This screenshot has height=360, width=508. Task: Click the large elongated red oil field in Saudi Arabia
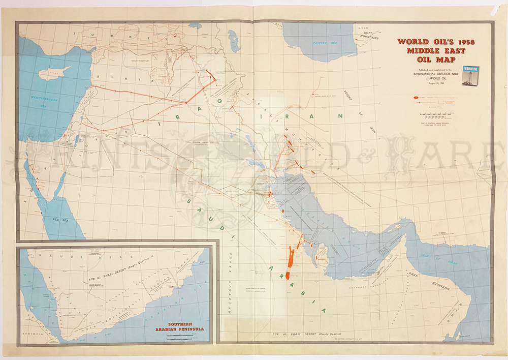click(290, 260)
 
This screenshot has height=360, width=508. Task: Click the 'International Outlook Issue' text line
click(432, 74)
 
